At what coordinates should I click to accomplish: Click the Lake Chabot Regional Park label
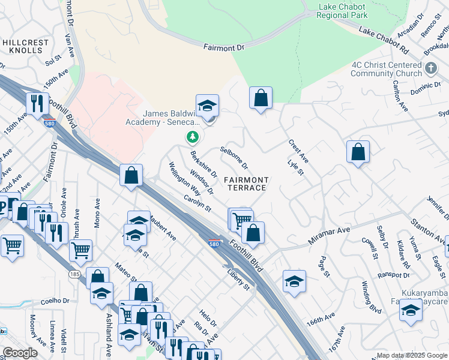[342, 11]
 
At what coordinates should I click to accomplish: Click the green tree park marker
[192, 138]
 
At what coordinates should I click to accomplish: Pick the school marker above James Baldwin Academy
[207, 106]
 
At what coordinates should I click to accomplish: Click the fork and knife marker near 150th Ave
[37, 103]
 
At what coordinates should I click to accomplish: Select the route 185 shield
[74, 274]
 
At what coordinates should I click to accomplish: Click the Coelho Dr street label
[57, 301]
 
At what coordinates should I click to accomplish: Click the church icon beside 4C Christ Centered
[430, 69]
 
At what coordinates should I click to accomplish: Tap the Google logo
[20, 352]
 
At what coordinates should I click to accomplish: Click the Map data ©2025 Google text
[411, 355]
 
